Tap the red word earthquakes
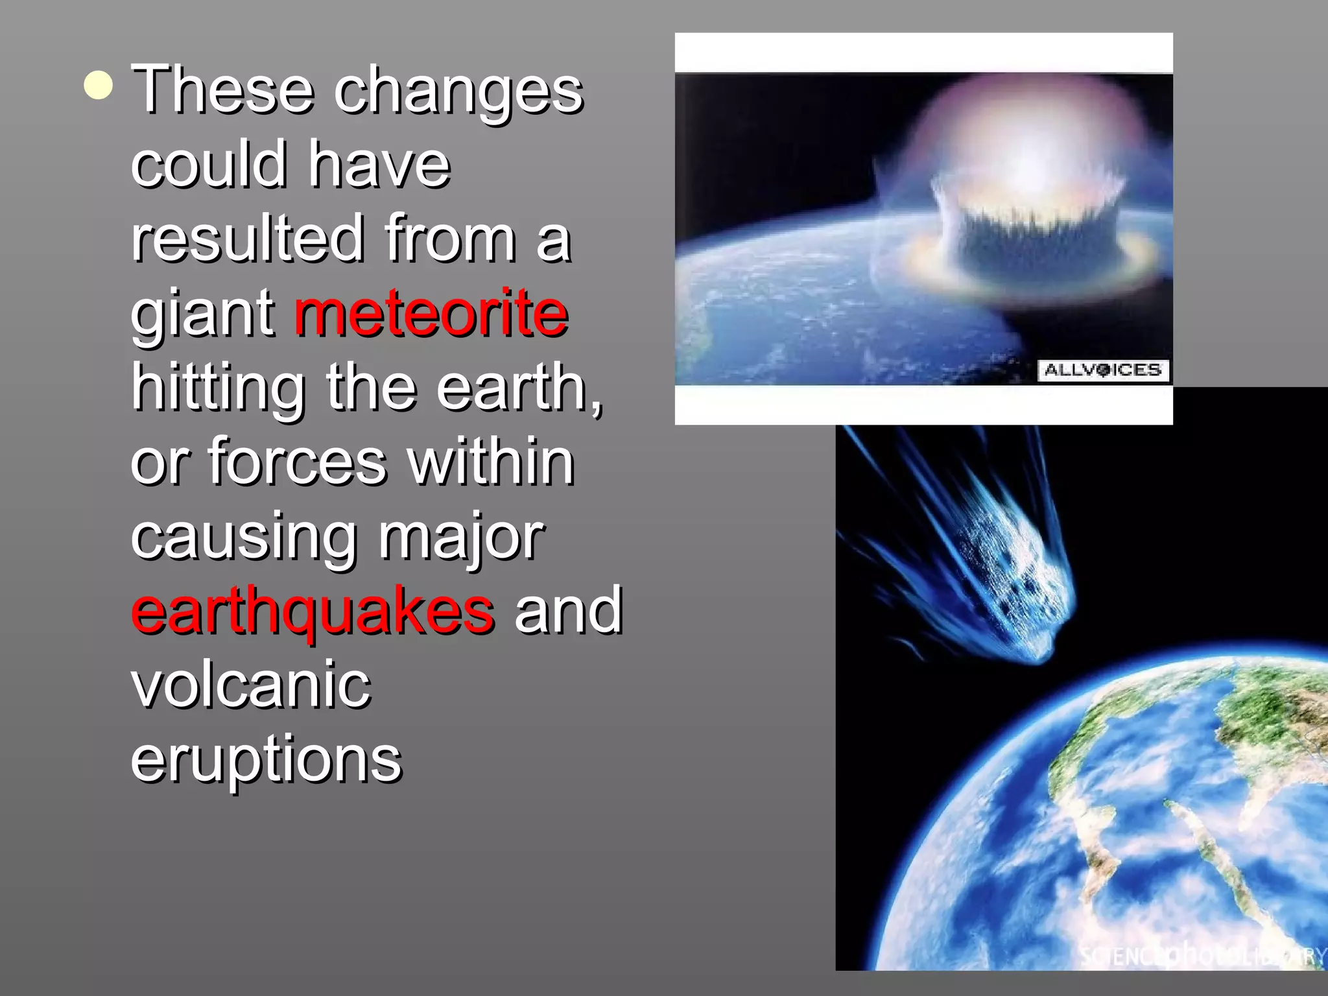pos(313,610)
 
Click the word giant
pos(203,314)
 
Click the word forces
pos(297,461)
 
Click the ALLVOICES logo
pos(1102,370)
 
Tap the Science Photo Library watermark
pos(1200,954)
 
